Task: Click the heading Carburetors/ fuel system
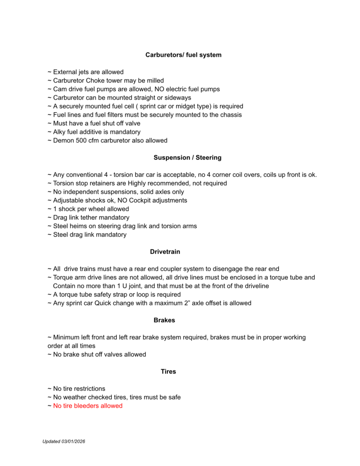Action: (183, 55)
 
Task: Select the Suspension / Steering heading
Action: (187, 157)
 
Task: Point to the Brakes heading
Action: (164, 320)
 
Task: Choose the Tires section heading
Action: (168, 371)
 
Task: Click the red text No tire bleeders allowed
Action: (88, 406)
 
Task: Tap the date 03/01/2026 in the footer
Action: (73, 441)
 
